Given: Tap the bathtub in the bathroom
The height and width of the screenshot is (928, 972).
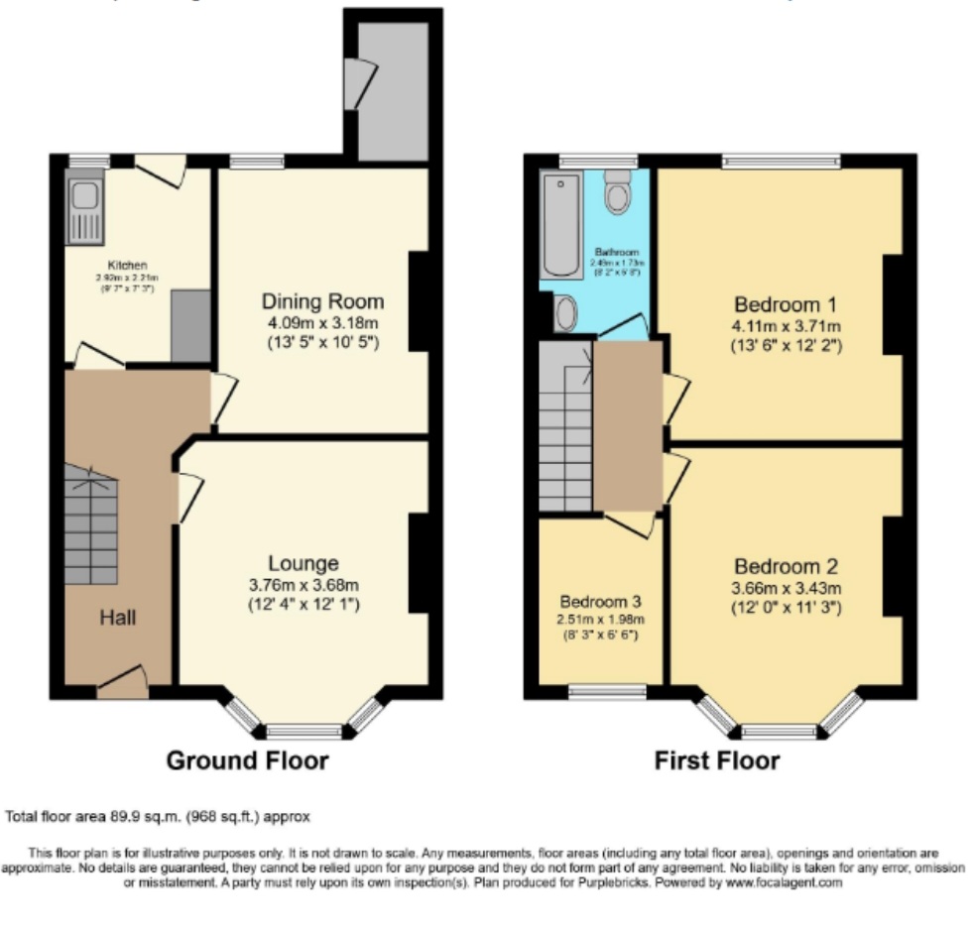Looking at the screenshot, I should [562, 225].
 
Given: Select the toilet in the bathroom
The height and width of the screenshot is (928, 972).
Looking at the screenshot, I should [618, 193].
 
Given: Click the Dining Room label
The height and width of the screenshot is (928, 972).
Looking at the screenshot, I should [322, 301].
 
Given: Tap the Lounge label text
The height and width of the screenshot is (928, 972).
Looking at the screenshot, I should [303, 564].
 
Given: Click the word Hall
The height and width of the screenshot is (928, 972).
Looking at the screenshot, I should [117, 618].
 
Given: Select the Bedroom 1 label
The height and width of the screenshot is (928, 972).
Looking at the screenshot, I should [779, 304].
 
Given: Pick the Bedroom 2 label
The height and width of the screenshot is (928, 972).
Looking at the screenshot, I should [787, 567].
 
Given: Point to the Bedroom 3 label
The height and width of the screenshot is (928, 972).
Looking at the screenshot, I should [600, 602].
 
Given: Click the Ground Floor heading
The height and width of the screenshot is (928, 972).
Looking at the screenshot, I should [247, 761].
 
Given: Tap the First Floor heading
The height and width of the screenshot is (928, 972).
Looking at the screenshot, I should [717, 761].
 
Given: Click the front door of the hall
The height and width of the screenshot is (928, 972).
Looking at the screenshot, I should [122, 684].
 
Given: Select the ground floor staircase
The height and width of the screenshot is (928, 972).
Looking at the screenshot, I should [91, 525].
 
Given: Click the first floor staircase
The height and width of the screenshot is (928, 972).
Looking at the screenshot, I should [565, 426].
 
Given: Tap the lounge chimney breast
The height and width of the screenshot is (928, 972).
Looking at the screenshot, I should [419, 563].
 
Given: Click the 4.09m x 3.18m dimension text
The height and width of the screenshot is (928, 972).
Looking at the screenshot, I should [322, 323].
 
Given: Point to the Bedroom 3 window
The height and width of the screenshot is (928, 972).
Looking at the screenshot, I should [607, 693].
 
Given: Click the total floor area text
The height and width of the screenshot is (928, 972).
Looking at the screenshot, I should [159, 817].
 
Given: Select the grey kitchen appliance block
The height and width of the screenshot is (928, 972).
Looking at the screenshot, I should [190, 325].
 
